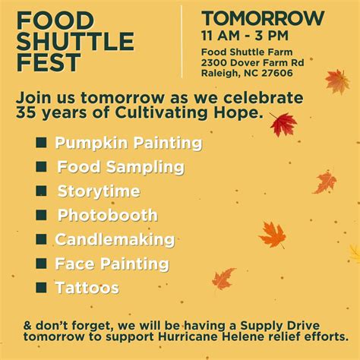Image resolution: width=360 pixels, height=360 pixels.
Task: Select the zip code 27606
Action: pyautogui.click(x=278, y=73)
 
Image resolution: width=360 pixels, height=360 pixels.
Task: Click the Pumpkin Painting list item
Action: pyautogui.click(x=128, y=143)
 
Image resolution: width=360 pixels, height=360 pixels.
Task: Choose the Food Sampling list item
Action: pyautogui.click(x=121, y=167)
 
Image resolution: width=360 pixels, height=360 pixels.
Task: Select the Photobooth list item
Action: pyautogui.click(x=108, y=216)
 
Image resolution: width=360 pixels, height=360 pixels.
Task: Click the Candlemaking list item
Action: pyautogui.click(x=115, y=240)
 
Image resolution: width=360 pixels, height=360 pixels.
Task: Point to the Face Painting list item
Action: pyautogui.click(x=112, y=264)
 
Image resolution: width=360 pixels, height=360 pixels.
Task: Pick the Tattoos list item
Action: pyautogui.click(x=87, y=288)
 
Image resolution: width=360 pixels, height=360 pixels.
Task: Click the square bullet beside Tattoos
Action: pyautogui.click(x=41, y=287)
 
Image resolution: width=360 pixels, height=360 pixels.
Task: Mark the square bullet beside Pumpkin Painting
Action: pyautogui.click(x=41, y=142)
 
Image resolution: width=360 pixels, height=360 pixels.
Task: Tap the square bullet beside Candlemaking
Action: pyautogui.click(x=41, y=239)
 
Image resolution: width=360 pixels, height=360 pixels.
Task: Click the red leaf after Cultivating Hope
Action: pyautogui.click(x=283, y=124)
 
